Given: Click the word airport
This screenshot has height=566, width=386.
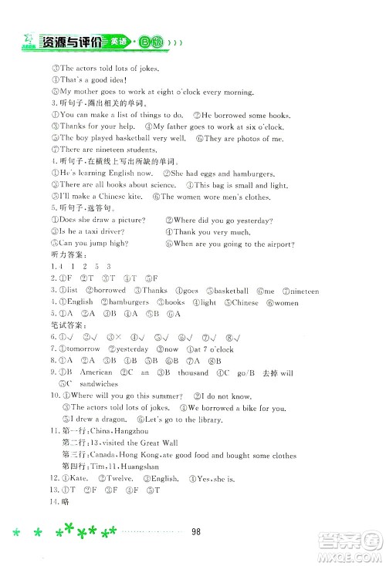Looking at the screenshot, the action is click(270, 244).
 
